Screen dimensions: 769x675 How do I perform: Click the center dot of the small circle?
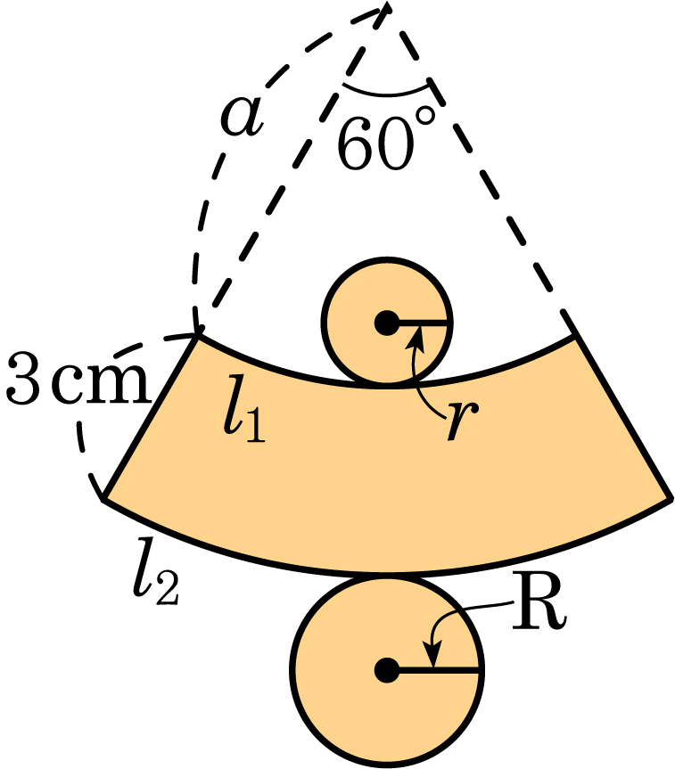[x=385, y=324]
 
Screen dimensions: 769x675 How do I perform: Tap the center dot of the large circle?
[x=385, y=669]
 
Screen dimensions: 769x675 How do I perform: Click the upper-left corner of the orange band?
[x=196, y=336]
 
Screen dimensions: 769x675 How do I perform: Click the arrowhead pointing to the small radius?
[x=416, y=334]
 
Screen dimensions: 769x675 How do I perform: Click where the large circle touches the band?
[x=387, y=573]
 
